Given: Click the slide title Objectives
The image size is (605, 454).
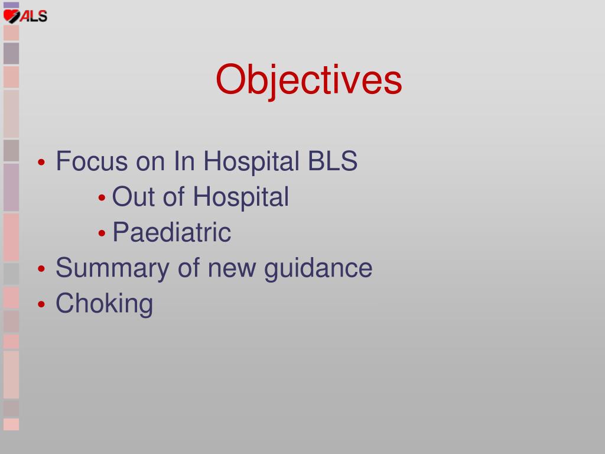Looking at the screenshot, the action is tap(308, 80).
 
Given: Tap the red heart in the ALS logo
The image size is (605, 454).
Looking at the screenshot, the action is tap(11, 16).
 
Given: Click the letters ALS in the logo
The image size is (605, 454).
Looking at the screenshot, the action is tap(34, 16).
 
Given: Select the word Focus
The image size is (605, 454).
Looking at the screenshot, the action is tap(92, 161).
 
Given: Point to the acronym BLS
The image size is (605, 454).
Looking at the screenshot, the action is tap(333, 161).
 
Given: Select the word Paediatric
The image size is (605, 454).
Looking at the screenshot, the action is tap(172, 232).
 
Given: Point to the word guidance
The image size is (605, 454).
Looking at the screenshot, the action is tap(318, 268).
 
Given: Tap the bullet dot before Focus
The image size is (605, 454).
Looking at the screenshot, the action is tap(42, 162).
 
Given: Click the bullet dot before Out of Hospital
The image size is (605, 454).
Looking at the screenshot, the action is tap(102, 197).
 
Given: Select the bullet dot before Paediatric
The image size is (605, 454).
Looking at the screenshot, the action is tap(102, 233).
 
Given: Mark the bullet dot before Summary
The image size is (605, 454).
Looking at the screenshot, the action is tap(42, 269).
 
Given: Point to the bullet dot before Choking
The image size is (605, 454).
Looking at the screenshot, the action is tap(42, 304).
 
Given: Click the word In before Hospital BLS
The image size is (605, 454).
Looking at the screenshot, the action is tap(184, 161).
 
